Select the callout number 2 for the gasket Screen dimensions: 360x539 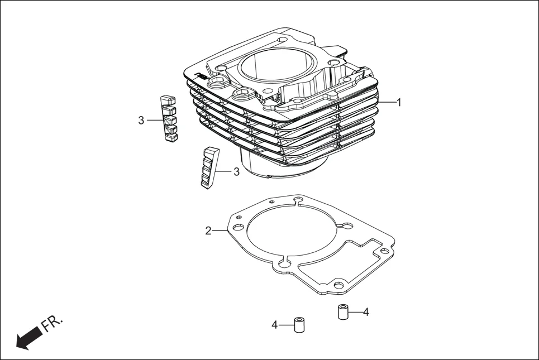click(x=208, y=231)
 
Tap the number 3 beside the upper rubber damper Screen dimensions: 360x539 click(x=141, y=119)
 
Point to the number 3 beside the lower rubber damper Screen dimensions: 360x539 click(x=236, y=171)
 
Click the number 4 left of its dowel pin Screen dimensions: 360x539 click(x=275, y=324)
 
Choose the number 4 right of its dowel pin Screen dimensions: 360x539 click(x=366, y=311)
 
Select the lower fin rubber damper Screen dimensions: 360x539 click(x=207, y=168)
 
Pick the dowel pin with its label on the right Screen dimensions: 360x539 click(x=343, y=311)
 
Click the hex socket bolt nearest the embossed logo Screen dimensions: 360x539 click(x=216, y=82)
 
